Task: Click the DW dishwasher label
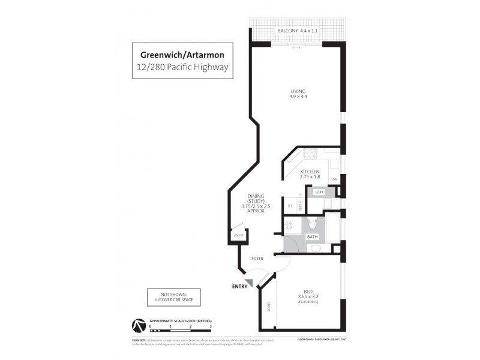(x=334, y=179)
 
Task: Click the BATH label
(x=313, y=237)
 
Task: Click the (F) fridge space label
(x=290, y=206)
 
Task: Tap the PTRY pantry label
(x=301, y=205)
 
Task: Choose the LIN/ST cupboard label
(x=238, y=236)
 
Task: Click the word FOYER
(x=257, y=259)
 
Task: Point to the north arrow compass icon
(x=137, y=325)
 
